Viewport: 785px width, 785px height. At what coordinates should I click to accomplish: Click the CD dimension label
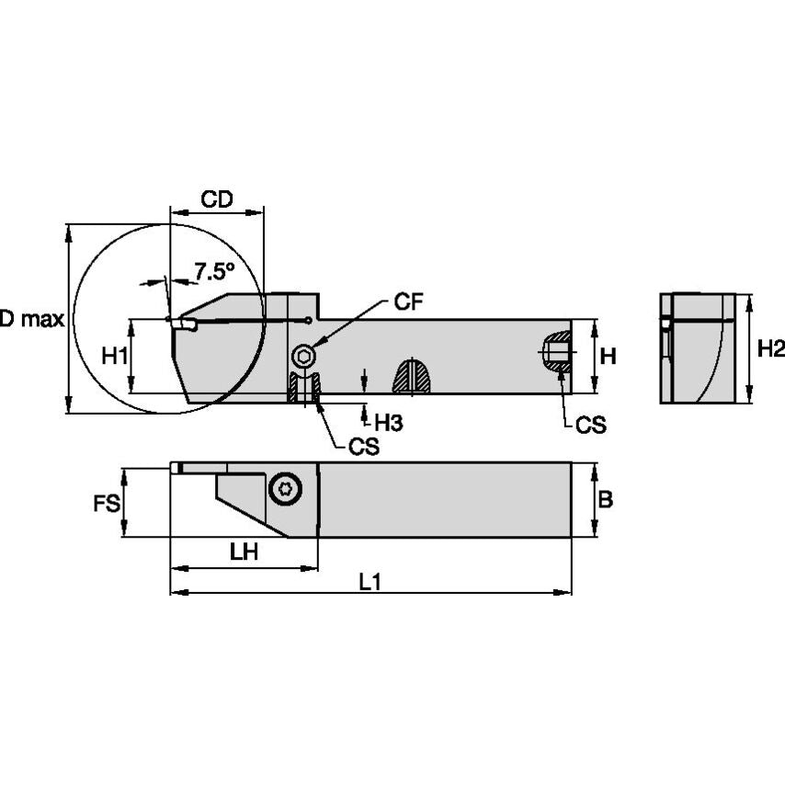[217, 199]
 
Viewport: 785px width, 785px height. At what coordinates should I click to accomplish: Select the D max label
[31, 319]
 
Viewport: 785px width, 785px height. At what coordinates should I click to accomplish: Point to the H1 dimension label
[114, 356]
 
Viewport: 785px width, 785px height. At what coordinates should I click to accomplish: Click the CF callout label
[409, 302]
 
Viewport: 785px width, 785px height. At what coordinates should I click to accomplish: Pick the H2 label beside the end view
[770, 348]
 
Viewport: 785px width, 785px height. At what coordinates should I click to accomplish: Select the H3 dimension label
[388, 422]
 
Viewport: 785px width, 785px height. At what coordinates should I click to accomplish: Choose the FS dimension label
[107, 503]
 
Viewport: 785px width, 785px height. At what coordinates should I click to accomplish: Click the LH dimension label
[244, 552]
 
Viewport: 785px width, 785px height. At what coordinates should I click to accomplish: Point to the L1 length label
[370, 581]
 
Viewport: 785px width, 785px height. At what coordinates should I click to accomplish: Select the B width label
[606, 499]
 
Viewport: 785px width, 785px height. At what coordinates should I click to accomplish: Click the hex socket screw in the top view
[286, 489]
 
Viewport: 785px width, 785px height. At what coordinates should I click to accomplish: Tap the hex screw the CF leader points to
[302, 357]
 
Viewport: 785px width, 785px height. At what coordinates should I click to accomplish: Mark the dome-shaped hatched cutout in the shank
[413, 376]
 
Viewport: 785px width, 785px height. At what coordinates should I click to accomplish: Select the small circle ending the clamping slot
[307, 320]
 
